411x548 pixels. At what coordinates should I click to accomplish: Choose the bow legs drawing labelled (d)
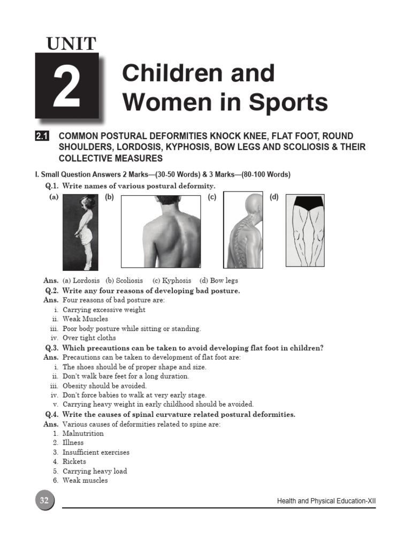pos(305,232)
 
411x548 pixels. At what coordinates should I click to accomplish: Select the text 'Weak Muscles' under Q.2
pos(85,319)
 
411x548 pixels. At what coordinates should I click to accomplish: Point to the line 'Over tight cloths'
pos(89,338)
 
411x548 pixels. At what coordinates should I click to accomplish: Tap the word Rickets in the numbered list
pos(74,461)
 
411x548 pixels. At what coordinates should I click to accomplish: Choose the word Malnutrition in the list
pos(83,433)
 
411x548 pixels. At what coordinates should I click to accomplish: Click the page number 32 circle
pos(44,501)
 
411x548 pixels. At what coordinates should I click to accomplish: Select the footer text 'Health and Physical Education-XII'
pos(326,501)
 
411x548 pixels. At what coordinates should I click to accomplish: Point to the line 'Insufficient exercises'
pos(96,452)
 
